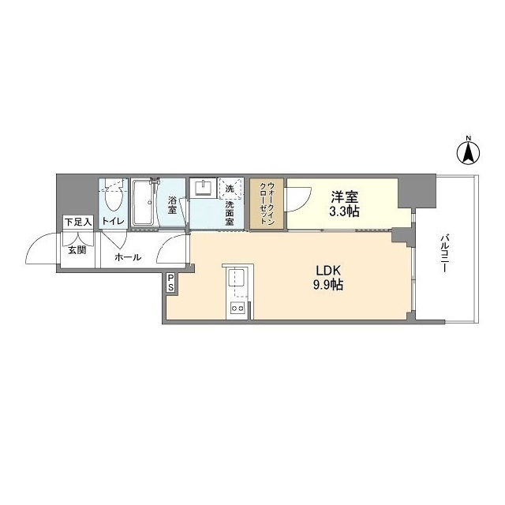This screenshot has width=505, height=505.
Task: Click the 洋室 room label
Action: [x=346, y=197]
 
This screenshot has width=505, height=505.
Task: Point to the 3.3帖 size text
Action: [x=346, y=211]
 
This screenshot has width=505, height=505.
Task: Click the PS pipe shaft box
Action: [x=171, y=283]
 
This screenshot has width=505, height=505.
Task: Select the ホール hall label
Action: [x=129, y=257]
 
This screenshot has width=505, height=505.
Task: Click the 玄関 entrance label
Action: [x=77, y=250]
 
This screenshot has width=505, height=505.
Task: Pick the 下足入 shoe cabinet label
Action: [x=78, y=223]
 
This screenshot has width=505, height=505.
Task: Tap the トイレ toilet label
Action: [x=113, y=222]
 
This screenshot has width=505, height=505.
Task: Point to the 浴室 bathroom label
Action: [x=172, y=204]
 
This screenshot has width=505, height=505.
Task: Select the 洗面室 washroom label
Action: [x=230, y=212]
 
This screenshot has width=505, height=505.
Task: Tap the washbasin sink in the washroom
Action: [x=203, y=189]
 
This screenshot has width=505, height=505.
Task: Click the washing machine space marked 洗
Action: [x=230, y=189]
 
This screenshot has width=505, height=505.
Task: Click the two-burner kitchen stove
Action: [x=236, y=309]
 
